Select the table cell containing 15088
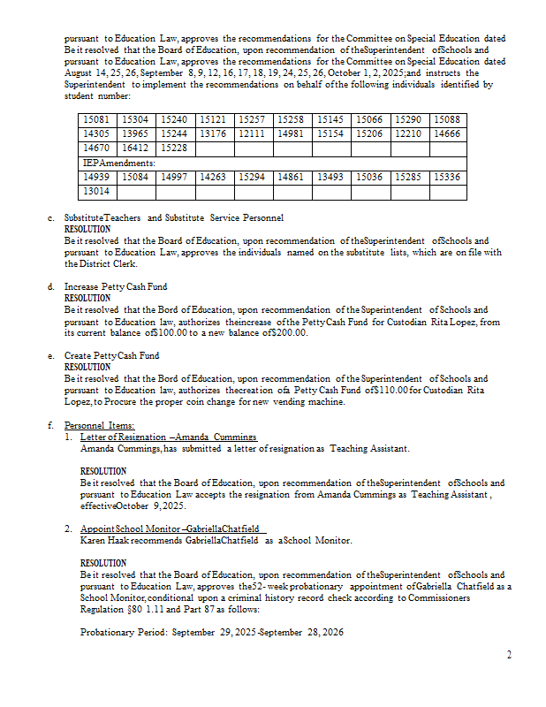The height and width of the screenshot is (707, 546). coord(448,119)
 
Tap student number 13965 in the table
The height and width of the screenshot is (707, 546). coord(135,133)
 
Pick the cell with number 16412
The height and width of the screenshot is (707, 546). coord(135,148)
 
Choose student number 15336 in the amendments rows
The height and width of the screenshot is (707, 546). coord(448,177)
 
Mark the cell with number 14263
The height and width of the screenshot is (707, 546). coord(213,177)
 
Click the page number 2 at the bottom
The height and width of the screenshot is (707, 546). coord(509,654)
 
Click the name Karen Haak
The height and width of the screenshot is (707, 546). coord(102,540)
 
